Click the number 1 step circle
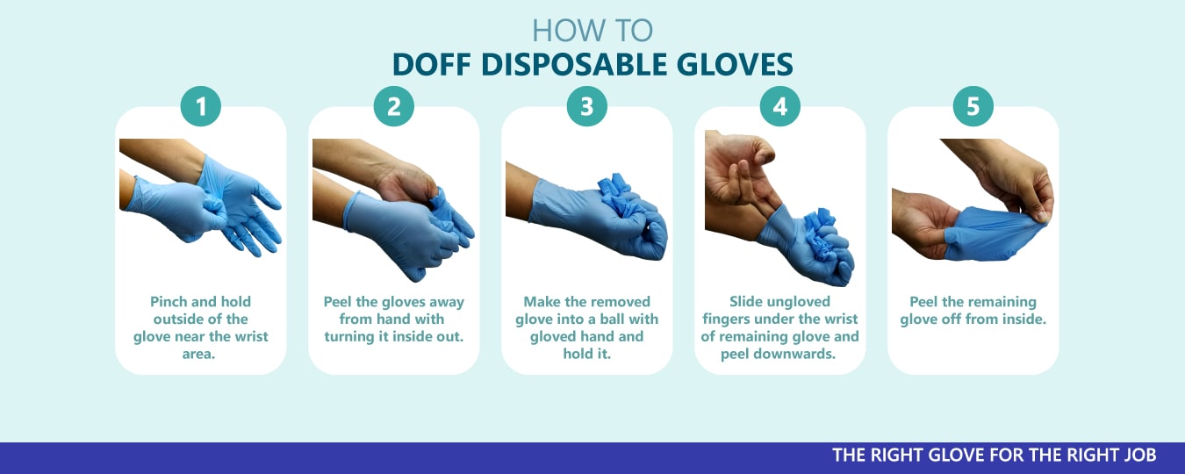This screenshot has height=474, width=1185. (200, 106)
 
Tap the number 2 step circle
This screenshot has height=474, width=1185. (393, 106)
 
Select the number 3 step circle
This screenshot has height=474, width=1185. (586, 106)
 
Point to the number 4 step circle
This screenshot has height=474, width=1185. (779, 106)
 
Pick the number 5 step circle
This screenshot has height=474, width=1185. (973, 106)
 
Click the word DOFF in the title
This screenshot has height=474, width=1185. (431, 65)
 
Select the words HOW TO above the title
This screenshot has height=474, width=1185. (592, 30)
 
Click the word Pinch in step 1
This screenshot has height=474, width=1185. (168, 302)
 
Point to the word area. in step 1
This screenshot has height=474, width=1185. (198, 354)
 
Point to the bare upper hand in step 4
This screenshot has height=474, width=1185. (741, 169)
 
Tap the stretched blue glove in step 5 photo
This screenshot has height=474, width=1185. (989, 233)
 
